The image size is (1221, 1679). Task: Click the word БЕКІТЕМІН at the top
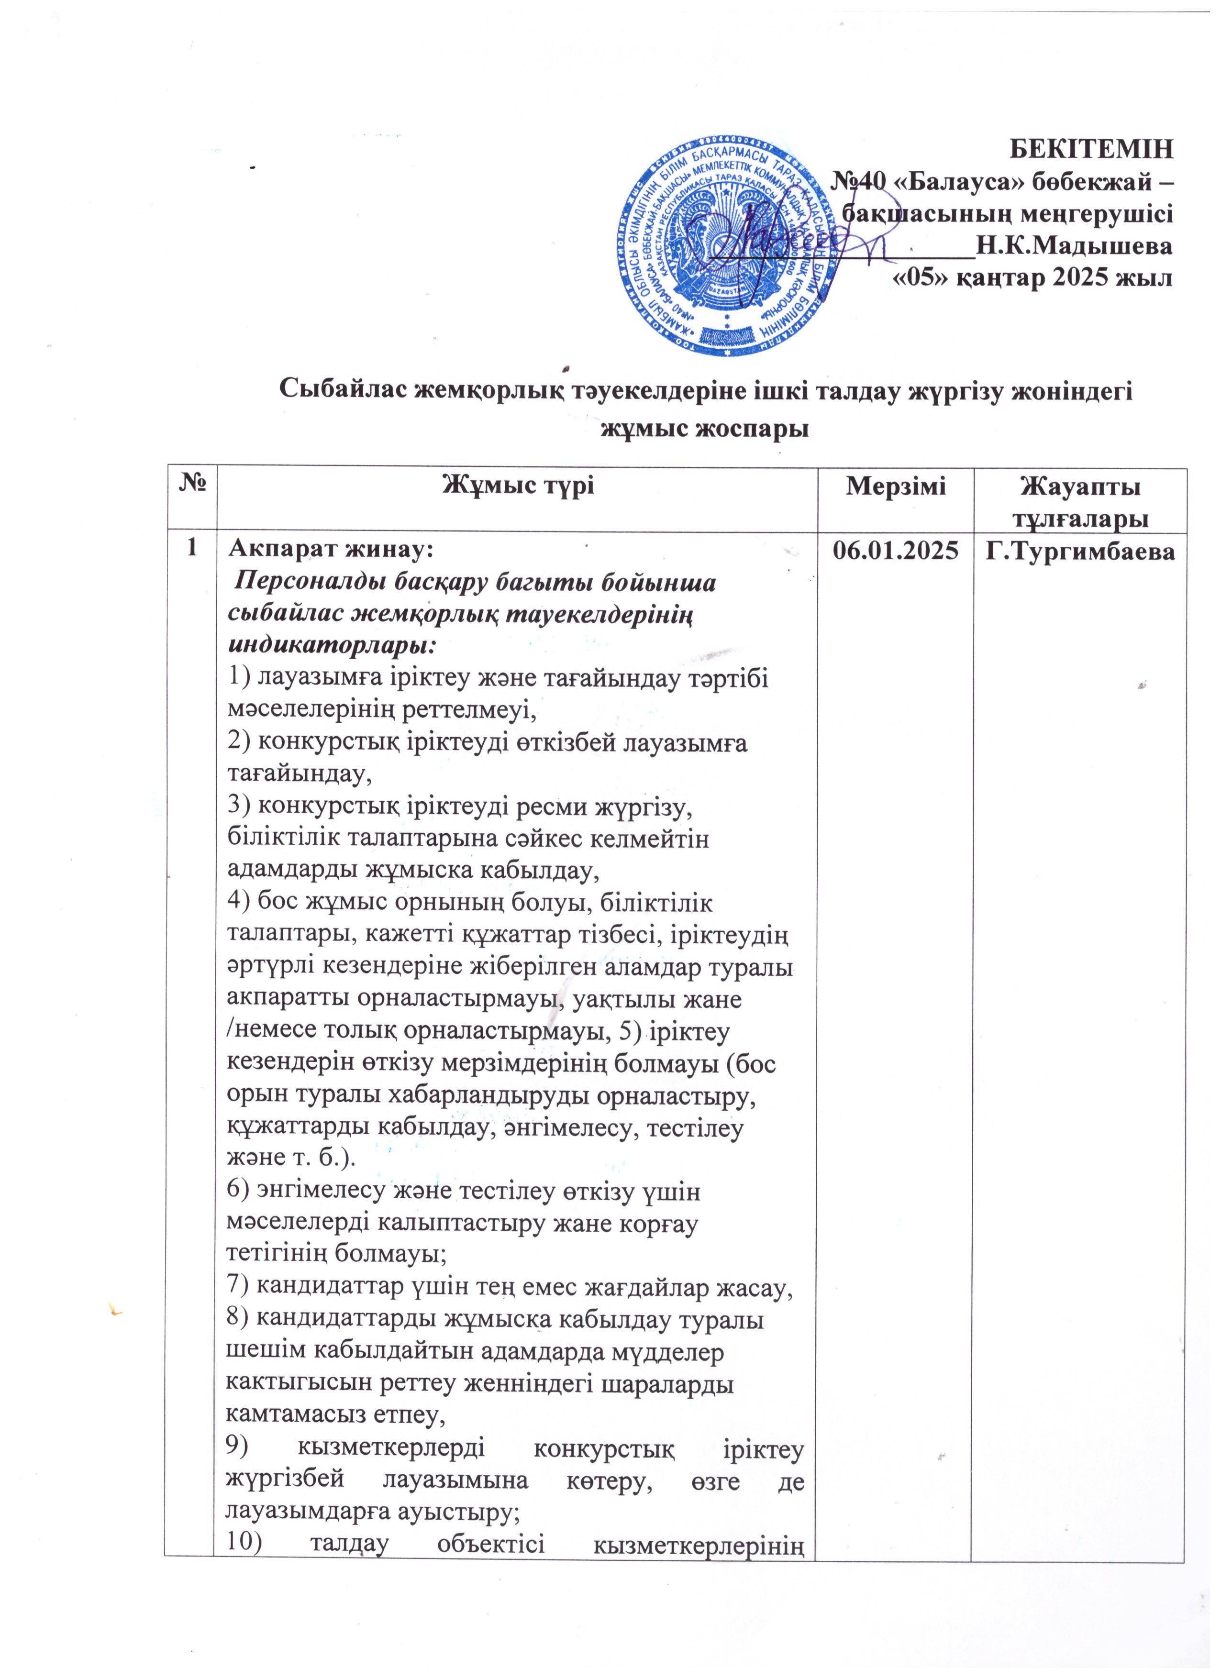tap(1092, 148)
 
